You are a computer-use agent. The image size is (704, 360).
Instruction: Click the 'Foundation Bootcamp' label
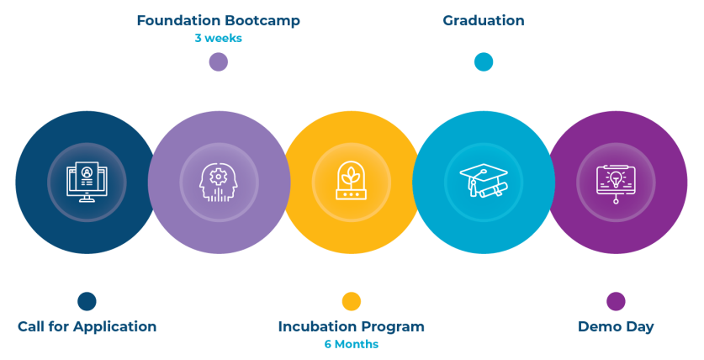219,20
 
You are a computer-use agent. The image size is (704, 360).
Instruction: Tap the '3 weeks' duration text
218,38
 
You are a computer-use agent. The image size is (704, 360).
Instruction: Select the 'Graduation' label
484,20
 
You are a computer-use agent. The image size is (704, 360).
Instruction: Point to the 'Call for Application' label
87,326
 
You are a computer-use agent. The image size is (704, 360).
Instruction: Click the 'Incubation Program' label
351,326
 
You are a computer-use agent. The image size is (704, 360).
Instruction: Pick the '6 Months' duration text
352,344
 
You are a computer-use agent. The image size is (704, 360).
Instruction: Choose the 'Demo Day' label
616,326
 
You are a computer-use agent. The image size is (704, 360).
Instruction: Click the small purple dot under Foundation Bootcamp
219,61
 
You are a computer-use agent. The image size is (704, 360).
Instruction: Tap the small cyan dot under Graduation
483,61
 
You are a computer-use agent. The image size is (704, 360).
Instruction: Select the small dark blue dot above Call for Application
87,300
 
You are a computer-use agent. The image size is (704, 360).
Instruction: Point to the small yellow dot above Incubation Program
352,300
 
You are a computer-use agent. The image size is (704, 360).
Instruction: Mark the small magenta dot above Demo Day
616,300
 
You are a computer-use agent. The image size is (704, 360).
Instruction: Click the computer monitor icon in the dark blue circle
87,182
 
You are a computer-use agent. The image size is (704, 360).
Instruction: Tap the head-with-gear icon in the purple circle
219,182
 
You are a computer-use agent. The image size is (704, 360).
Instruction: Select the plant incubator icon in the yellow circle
352,182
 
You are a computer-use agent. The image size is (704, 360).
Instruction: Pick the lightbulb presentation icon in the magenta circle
616,182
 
